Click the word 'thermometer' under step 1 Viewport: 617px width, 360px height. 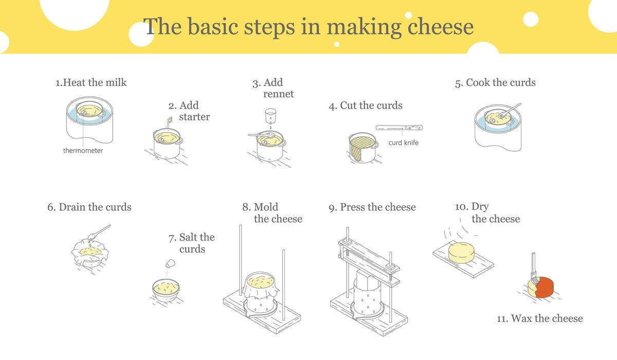[83, 150]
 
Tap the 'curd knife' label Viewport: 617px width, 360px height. [403, 142]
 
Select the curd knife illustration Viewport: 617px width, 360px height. [399, 128]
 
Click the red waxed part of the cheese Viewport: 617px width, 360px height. [545, 287]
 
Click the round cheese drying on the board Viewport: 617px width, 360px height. [461, 253]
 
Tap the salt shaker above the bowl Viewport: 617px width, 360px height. [170, 263]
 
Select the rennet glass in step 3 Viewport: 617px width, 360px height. [270, 115]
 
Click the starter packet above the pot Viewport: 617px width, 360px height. [170, 120]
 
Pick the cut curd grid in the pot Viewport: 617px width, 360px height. [362, 146]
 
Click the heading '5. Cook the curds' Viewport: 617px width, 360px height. [495, 83]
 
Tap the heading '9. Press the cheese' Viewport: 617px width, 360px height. [372, 207]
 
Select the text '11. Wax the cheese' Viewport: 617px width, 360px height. [539, 318]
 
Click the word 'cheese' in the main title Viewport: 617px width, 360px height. [440, 27]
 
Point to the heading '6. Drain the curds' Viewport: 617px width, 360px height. [89, 207]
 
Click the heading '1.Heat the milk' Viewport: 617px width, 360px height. [91, 83]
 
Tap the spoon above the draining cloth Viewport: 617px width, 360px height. [99, 232]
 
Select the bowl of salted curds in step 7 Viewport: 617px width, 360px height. [166, 290]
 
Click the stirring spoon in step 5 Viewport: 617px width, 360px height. [510, 111]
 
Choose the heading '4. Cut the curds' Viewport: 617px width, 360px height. [366, 105]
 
